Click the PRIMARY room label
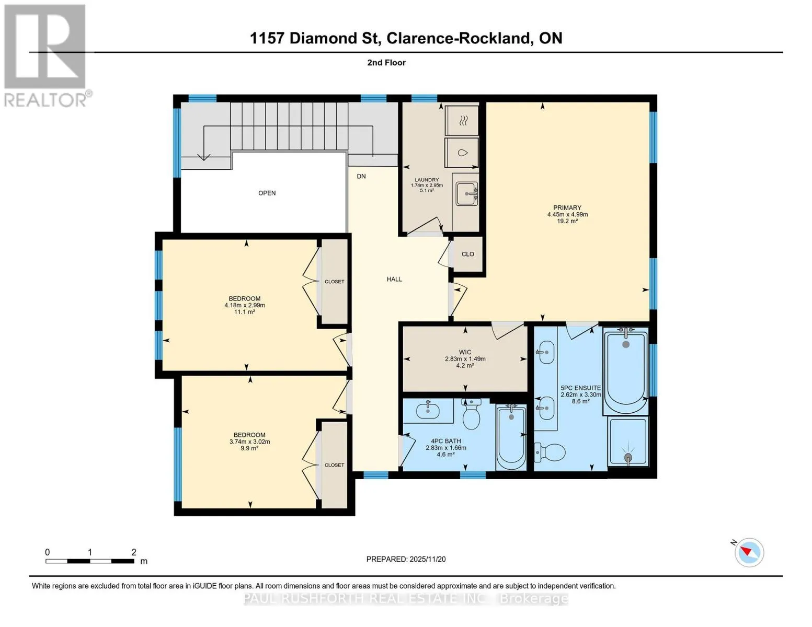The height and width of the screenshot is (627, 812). click(567, 207)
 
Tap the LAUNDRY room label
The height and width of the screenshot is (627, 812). click(427, 180)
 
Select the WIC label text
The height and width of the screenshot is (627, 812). click(465, 352)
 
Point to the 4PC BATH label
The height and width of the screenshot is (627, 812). click(446, 441)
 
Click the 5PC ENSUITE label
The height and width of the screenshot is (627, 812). click(581, 388)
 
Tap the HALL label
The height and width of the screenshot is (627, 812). click(394, 279)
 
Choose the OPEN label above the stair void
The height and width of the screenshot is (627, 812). click(267, 193)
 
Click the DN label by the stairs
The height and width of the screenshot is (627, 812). click(361, 176)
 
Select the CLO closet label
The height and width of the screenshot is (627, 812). click(467, 254)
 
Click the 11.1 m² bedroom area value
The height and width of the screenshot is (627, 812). click(244, 312)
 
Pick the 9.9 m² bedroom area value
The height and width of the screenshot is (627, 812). click(249, 448)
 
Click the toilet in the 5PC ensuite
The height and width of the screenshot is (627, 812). click(550, 452)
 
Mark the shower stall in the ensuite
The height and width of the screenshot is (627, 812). click(628, 442)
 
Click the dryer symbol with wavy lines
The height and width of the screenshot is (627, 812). click(462, 121)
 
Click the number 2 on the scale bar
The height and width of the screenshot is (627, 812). click(134, 552)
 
